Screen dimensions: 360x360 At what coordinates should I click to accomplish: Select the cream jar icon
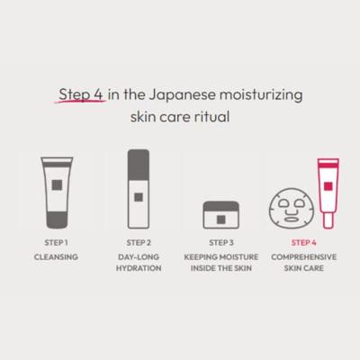[221, 213]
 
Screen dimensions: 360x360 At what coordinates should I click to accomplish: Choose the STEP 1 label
[56, 242]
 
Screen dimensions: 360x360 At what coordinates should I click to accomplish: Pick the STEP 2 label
[138, 242]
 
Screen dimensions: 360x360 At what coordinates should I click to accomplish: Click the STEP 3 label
[221, 242]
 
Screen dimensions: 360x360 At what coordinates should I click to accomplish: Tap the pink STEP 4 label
[304, 242]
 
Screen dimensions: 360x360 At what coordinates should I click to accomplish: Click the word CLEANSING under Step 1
[56, 256]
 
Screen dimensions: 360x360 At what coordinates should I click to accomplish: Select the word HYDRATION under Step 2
[138, 269]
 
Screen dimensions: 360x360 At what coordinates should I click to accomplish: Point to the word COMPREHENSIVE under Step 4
[304, 256]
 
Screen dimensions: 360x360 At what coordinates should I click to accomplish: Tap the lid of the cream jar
[221, 204]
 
